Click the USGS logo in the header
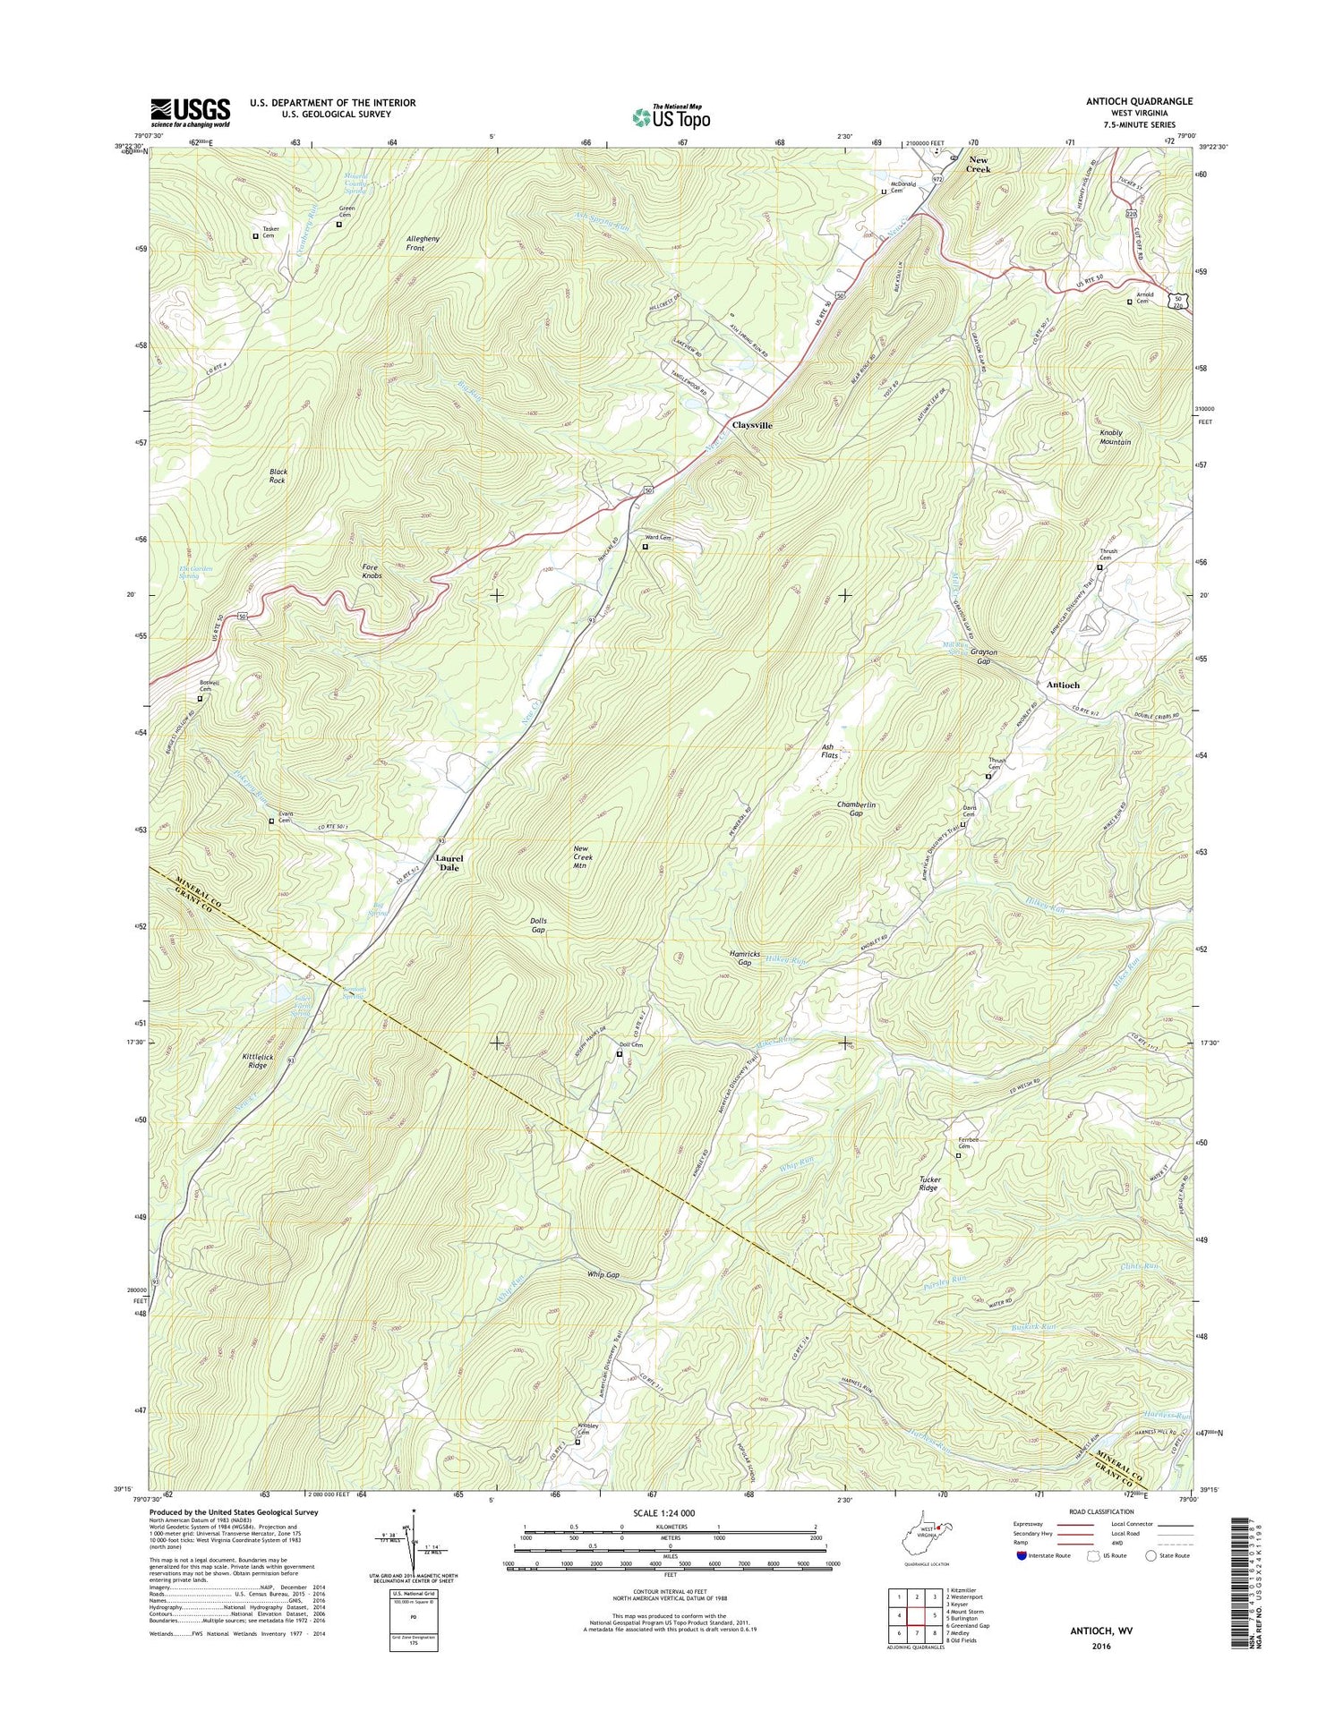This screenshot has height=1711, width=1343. click(x=190, y=112)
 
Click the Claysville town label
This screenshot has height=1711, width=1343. click(x=752, y=425)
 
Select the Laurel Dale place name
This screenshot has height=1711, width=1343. click(x=449, y=863)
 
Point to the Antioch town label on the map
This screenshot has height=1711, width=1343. click(x=1063, y=685)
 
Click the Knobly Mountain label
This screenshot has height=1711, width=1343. click(x=1115, y=438)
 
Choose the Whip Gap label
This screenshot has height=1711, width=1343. click(x=603, y=1274)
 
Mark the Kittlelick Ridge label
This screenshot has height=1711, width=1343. click(x=255, y=1061)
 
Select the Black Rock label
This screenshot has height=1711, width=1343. click(x=278, y=475)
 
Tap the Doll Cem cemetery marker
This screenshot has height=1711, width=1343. click(x=619, y=1053)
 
